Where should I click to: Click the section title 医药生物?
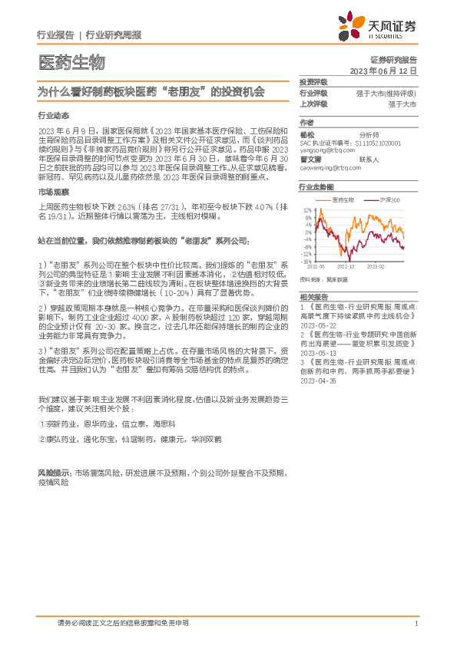[71, 62]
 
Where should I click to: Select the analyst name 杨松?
[307, 133]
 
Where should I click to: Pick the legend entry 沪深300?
[389, 199]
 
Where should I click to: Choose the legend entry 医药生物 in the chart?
[343, 199]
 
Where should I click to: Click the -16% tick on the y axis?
[306, 260]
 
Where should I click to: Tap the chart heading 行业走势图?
[316, 187]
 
